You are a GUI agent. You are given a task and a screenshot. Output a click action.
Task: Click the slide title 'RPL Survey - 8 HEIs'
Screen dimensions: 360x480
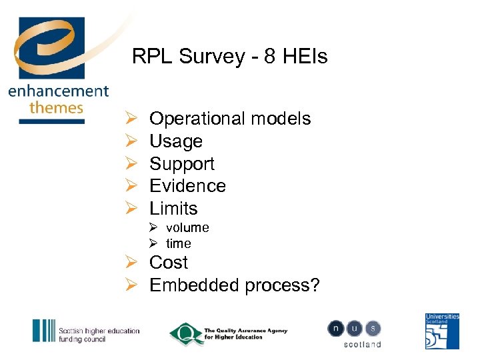click(x=230, y=57)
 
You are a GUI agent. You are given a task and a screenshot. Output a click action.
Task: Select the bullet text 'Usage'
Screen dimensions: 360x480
click(x=176, y=141)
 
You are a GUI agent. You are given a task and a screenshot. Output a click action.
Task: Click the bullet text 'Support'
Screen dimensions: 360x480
click(x=182, y=164)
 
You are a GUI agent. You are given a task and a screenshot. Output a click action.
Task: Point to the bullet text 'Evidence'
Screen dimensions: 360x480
click(x=187, y=186)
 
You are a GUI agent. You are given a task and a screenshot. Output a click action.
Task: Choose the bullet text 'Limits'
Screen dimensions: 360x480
click(x=173, y=209)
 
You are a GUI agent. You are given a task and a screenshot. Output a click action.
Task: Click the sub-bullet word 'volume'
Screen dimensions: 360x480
click(x=187, y=227)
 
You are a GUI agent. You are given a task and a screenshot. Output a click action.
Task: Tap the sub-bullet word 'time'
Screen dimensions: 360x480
click(x=179, y=243)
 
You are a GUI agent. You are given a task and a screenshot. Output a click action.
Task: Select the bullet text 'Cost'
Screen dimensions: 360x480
click(x=169, y=263)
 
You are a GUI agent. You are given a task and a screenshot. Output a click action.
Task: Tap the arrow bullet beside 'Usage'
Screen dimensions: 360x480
click(x=130, y=141)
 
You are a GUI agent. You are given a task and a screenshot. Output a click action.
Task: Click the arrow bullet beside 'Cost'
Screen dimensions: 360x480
click(x=130, y=263)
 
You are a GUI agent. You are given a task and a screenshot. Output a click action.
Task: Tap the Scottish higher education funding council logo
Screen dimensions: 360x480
click(x=86, y=331)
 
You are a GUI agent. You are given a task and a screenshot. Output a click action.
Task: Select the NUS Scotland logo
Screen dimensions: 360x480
click(x=354, y=333)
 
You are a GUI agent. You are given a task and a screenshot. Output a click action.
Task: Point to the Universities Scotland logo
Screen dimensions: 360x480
click(x=442, y=331)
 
